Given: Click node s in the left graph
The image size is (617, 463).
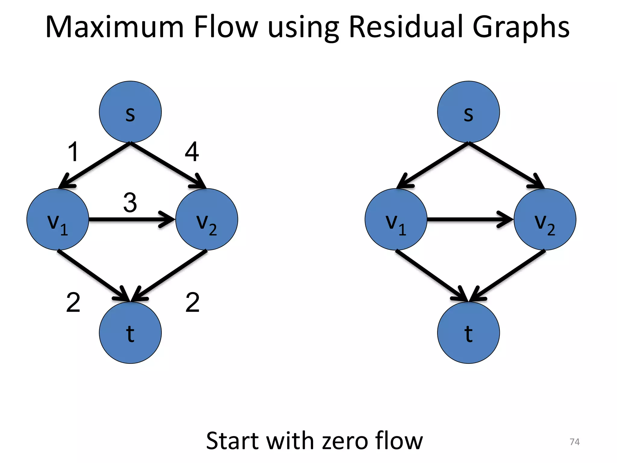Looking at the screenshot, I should click(x=130, y=112).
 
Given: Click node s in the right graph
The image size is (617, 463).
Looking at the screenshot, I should click(x=468, y=112).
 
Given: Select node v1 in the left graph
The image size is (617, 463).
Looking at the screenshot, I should click(x=58, y=219).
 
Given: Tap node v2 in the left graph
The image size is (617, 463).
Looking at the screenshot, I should click(x=207, y=219).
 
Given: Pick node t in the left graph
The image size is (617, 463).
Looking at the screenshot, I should click(x=130, y=333).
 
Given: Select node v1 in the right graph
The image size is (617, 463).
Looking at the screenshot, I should click(x=396, y=219).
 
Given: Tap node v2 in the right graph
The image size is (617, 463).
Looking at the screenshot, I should click(x=545, y=219).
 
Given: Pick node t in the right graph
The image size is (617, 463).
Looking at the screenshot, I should click(x=468, y=333).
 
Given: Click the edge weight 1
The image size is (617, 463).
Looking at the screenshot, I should click(x=74, y=152).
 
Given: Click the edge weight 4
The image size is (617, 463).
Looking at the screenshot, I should click(x=192, y=152).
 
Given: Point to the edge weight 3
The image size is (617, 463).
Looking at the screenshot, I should click(x=130, y=203).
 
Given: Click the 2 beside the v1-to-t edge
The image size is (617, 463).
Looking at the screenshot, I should click(x=73, y=302).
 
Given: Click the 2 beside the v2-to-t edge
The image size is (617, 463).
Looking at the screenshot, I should click(x=193, y=302).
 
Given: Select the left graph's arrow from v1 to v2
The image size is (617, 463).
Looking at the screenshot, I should click(x=130, y=219).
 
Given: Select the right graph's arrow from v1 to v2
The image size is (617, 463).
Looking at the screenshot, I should click(x=467, y=219).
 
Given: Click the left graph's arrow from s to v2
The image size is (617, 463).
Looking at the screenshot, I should click(x=167, y=165).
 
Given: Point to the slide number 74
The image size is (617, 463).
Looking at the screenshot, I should click(x=575, y=442).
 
